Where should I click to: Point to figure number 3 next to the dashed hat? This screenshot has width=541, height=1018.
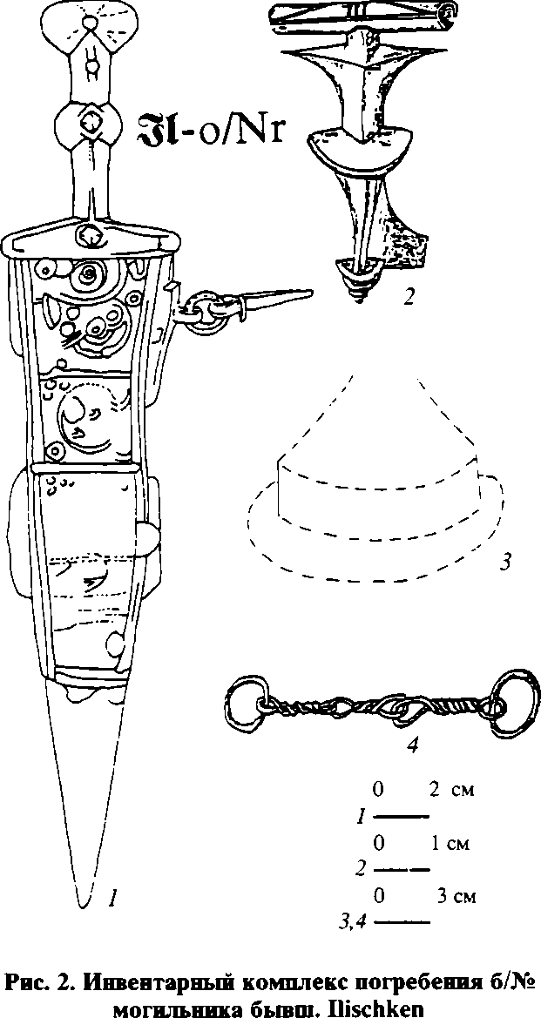coord(504,562)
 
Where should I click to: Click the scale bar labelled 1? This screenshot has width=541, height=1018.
coord(406,817)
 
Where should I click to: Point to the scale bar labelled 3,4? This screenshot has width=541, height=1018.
coord(406,921)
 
